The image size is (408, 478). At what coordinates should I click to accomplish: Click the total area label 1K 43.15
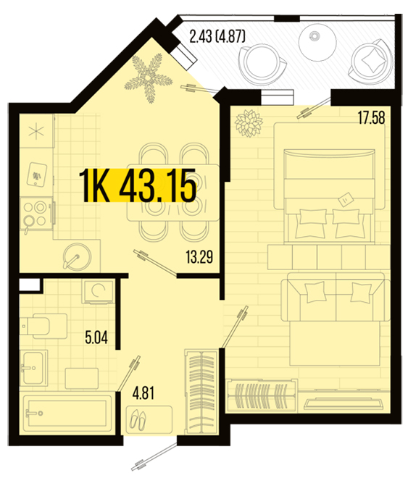[138, 185]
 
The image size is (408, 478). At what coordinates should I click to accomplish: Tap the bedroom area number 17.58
[372, 118]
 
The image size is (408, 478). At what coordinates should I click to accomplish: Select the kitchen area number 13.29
[199, 257]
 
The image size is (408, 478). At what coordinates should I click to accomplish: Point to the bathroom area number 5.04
[96, 337]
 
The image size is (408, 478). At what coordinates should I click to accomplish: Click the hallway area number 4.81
[143, 393]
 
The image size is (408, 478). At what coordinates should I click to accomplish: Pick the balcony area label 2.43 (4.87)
[217, 37]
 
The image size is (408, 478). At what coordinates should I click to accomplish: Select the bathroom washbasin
[34, 368]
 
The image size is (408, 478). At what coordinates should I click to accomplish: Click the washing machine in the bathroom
[99, 291]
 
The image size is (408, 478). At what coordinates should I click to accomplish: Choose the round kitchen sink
[77, 256]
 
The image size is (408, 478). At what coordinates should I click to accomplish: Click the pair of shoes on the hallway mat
[138, 420]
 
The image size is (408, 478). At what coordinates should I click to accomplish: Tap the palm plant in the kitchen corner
[149, 77]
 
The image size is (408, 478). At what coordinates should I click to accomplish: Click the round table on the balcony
[317, 42]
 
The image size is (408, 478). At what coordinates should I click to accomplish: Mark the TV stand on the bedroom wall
[344, 403]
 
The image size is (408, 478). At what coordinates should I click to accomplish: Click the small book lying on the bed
[346, 198]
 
